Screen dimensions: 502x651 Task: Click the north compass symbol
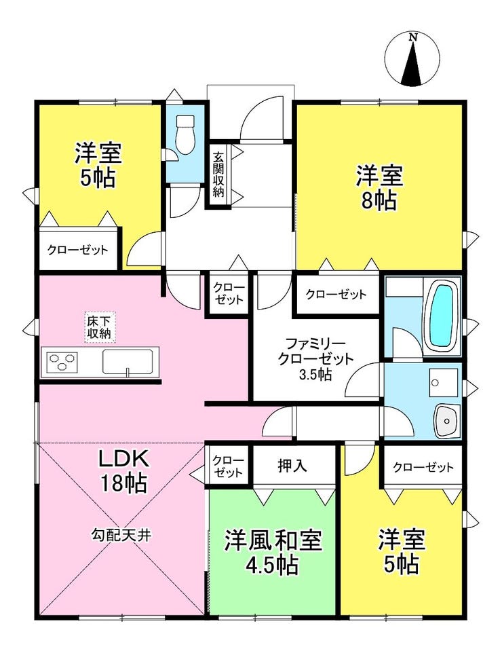click(x=412, y=59)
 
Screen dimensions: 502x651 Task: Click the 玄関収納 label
click(x=218, y=174)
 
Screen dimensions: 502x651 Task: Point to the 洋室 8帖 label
click(x=379, y=187)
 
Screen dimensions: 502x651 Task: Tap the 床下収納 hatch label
click(x=100, y=327)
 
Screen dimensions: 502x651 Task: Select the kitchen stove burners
click(x=62, y=360)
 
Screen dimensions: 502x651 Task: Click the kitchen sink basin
click(x=128, y=362)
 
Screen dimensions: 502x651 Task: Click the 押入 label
click(x=292, y=466)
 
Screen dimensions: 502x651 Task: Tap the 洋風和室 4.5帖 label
click(x=273, y=551)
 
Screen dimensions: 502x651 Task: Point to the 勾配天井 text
click(x=121, y=535)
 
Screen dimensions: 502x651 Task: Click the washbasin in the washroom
click(x=447, y=420)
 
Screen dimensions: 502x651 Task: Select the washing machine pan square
click(x=444, y=383)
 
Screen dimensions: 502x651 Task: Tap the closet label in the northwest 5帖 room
click(x=77, y=250)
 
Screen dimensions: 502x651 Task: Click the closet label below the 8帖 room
click(x=336, y=295)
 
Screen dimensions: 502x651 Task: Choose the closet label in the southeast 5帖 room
click(x=423, y=468)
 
